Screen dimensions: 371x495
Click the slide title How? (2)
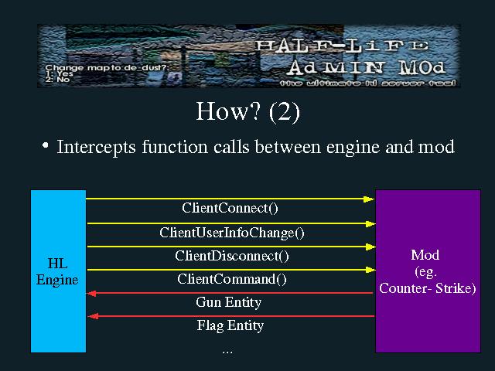(x=247, y=112)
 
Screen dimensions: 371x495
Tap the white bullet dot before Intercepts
(x=46, y=145)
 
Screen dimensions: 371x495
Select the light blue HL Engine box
(x=58, y=271)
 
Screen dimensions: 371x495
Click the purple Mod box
(x=427, y=271)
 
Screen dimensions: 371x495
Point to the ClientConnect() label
(x=230, y=208)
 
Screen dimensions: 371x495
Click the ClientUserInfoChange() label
(x=232, y=232)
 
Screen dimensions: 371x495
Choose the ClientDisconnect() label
(x=231, y=256)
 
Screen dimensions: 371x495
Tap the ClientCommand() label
(x=231, y=279)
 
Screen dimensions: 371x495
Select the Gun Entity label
(x=228, y=302)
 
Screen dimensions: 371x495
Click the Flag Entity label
(x=230, y=325)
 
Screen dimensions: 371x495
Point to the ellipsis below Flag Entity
(x=227, y=351)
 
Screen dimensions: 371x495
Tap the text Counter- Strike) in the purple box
(x=427, y=288)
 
